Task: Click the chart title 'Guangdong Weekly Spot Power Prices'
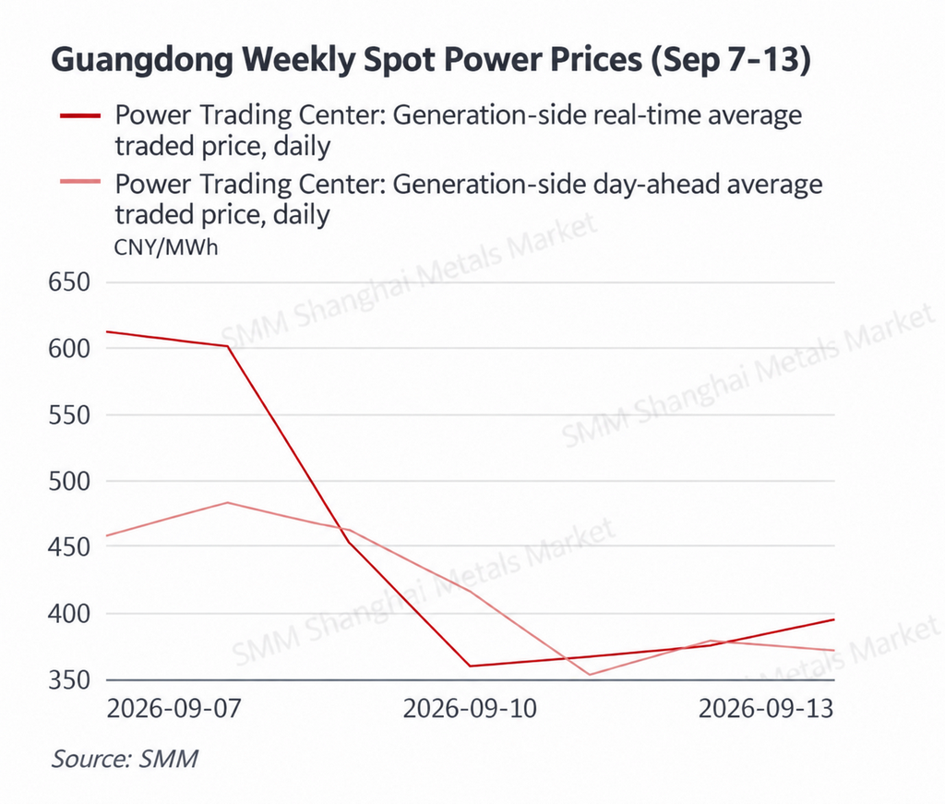[347, 60]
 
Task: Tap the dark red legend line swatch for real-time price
[80, 115]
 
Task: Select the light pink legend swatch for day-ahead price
[80, 182]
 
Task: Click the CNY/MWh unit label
[166, 247]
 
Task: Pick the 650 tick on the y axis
[69, 282]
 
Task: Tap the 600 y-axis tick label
[69, 348]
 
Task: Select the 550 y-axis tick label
[69, 415]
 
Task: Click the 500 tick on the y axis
[69, 481]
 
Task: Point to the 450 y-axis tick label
[69, 547]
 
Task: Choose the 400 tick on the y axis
[69, 614]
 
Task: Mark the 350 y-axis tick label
[69, 679]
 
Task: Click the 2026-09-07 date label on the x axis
[173, 708]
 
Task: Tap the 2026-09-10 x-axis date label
[470, 708]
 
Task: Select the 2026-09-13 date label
[766, 708]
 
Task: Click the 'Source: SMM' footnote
[125, 759]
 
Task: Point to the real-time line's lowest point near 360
[470, 666]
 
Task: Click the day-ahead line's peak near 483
[228, 503]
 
